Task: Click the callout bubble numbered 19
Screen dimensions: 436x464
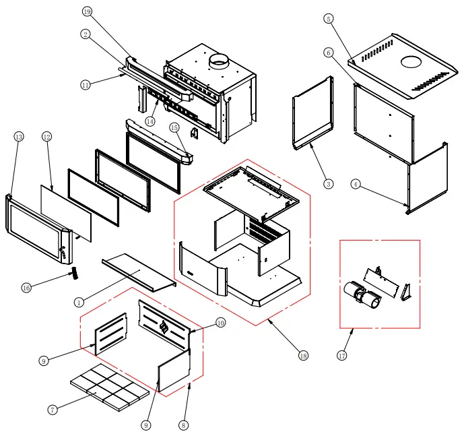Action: (87, 11)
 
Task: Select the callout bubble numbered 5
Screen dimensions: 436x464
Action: (328, 19)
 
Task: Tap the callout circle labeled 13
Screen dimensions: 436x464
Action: (18, 137)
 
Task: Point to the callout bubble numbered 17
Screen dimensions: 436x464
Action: (341, 355)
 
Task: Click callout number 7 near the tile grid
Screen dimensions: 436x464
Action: (52, 409)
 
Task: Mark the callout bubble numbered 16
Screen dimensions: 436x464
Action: (26, 288)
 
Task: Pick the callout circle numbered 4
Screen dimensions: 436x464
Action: (356, 183)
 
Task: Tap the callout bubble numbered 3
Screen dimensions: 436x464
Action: (328, 183)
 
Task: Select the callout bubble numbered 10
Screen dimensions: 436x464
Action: (221, 323)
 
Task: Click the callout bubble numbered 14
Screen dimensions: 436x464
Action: (150, 121)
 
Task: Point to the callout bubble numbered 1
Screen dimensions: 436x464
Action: (79, 303)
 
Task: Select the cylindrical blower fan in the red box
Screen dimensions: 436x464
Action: (358, 294)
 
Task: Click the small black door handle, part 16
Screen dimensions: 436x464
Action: (75, 272)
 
